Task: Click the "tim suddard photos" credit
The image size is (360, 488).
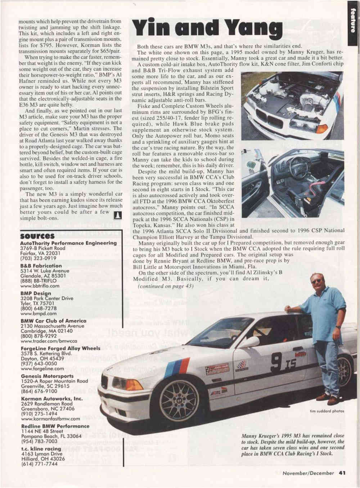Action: pyautogui.click(x=327, y=411)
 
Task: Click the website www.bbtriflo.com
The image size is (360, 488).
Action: pyautogui.click(x=40, y=286)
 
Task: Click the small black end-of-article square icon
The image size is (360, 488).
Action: pyautogui.click(x=117, y=216)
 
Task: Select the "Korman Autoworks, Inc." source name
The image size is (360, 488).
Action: pyautogui.click(x=47, y=399)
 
